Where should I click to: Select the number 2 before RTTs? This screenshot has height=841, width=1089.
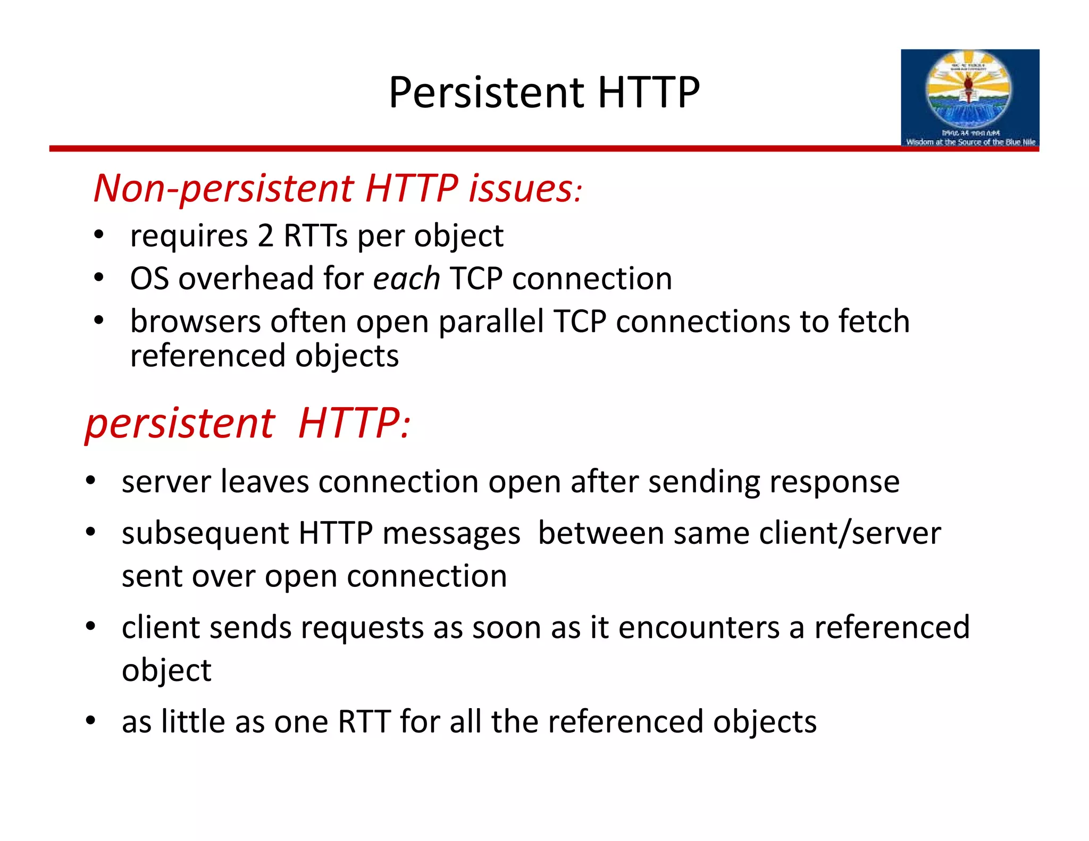click(x=265, y=236)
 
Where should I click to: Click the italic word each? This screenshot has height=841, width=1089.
click(x=406, y=279)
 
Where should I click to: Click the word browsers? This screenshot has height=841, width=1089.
click(x=196, y=322)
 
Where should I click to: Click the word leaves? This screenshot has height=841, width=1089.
click(x=264, y=482)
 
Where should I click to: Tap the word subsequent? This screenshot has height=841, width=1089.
click(x=205, y=533)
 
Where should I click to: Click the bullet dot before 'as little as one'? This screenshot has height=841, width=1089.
click(x=91, y=721)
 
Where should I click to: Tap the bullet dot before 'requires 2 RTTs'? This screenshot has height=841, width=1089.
click(x=98, y=235)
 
